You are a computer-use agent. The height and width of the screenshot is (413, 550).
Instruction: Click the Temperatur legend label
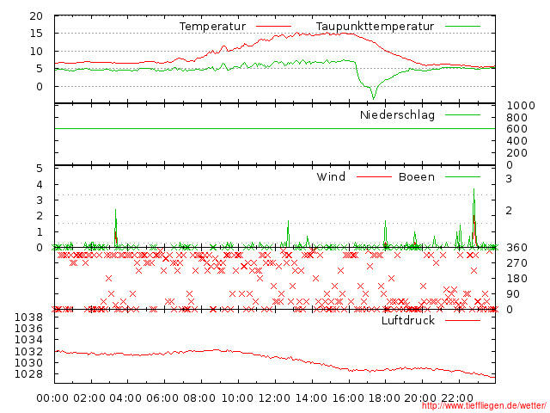[x=212, y=27]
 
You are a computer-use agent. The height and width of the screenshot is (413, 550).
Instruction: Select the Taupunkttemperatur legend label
[x=375, y=27]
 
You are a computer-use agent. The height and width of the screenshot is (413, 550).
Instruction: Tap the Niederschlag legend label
[x=397, y=115]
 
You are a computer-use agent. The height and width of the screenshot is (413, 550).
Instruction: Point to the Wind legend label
[x=331, y=177]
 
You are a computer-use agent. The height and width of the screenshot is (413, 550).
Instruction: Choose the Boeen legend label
[x=416, y=177]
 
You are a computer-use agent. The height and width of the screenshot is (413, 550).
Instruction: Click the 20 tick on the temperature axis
[x=36, y=16]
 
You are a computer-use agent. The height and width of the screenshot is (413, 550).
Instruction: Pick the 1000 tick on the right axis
[x=516, y=105]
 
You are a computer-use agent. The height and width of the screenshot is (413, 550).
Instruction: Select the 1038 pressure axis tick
[x=31, y=317]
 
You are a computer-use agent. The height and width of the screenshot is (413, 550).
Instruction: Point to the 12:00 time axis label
[x=274, y=398]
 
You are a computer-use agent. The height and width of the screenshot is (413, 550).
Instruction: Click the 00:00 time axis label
[x=53, y=398]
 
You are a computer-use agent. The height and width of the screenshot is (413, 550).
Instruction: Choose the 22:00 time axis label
[x=458, y=398]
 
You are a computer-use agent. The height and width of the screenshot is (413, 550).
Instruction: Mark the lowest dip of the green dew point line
[x=373, y=97]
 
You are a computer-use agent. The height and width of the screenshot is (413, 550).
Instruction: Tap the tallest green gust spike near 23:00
[x=474, y=190]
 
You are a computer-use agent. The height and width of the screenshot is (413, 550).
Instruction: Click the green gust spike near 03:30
[x=115, y=210]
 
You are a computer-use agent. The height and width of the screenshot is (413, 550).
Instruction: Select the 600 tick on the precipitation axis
[x=516, y=129]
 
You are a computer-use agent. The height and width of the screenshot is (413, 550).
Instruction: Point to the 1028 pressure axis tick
[x=31, y=374]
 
